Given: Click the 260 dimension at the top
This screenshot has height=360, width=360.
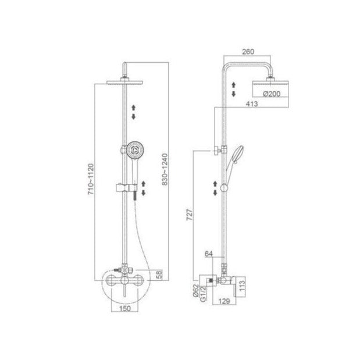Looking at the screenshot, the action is click(x=248, y=52).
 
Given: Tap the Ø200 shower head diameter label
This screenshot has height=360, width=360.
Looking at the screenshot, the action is click(x=272, y=94).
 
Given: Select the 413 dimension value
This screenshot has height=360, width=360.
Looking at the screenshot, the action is click(x=252, y=104).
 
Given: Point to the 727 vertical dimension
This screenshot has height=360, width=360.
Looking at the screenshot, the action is click(x=190, y=215).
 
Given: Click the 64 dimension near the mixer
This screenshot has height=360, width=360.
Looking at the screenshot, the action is click(x=209, y=254).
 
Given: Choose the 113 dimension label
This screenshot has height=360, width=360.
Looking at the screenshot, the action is click(x=242, y=286).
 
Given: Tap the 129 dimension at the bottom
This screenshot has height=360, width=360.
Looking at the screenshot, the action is click(x=224, y=301).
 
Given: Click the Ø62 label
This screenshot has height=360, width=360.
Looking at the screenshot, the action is click(x=195, y=291).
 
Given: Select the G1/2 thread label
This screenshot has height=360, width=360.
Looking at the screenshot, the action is click(x=204, y=294).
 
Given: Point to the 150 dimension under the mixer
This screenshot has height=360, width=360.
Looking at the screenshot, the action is click(x=125, y=308).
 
